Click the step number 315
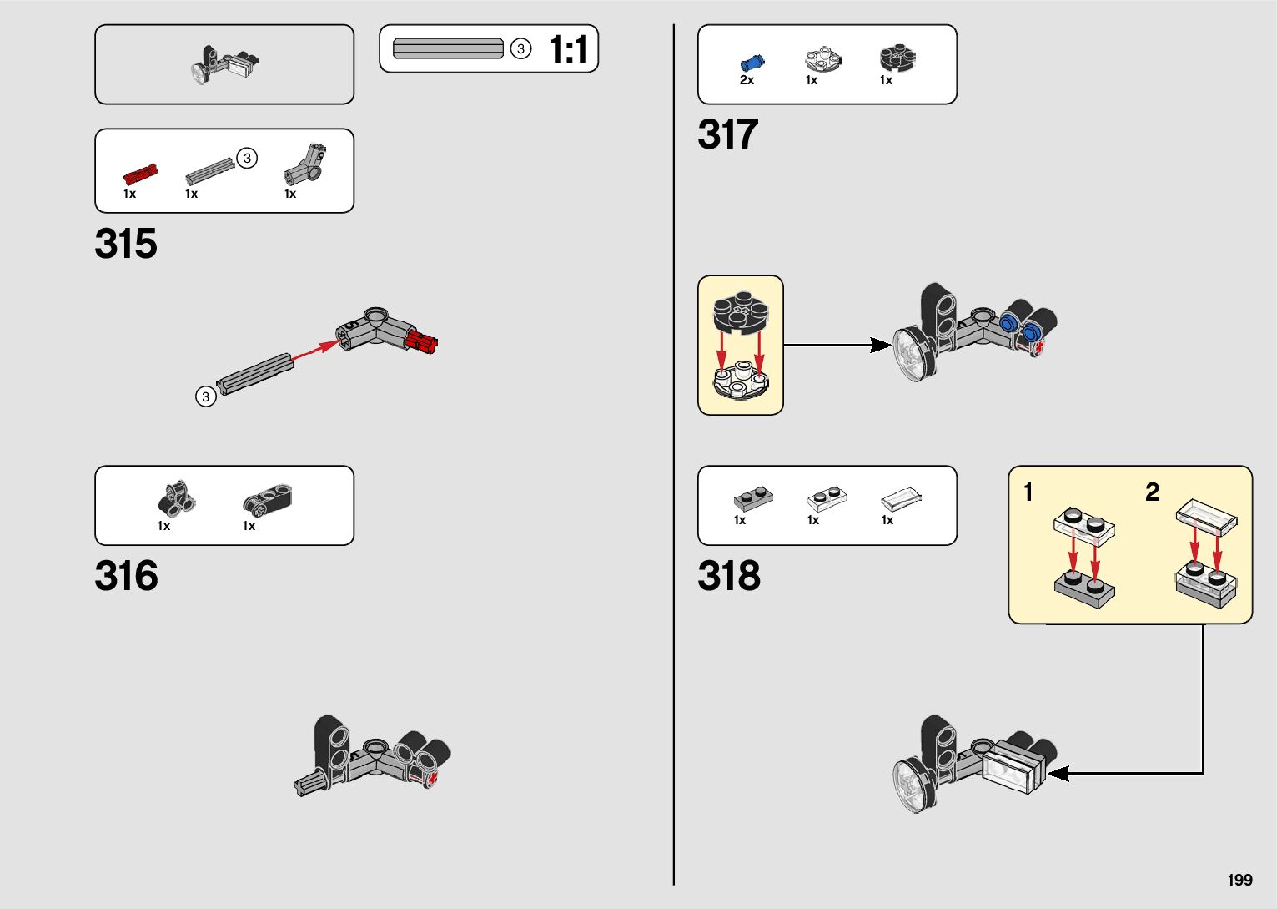pos(126,244)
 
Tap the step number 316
pos(126,576)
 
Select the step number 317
pos(728,134)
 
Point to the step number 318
pos(729,576)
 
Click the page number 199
pos(1239,880)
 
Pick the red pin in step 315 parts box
pos(140,174)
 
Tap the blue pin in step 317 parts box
pos(752,62)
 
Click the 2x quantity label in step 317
pos(747,81)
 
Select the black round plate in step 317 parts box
pos(897,58)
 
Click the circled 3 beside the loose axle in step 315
pos(205,396)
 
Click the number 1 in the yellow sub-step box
pos(1028,492)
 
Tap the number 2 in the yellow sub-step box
pos(1152,492)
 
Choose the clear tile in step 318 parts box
pos(902,499)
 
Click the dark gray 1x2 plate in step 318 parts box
pos(753,498)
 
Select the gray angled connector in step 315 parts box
pos(305,164)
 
